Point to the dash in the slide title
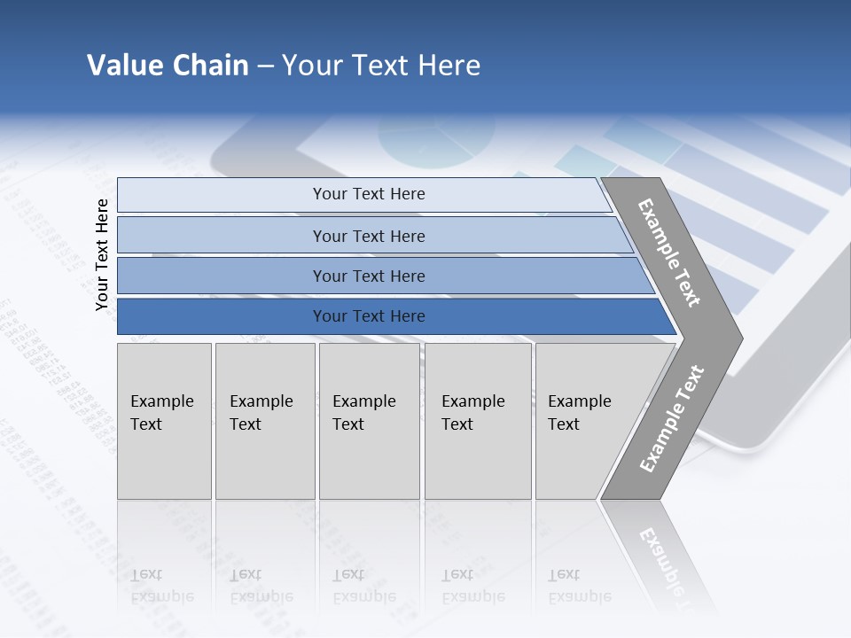pos(265,66)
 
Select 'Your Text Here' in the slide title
pos(381,66)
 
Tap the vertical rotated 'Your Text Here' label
pos(102,254)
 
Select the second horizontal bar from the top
pos(368,236)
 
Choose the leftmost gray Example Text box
pos(164,421)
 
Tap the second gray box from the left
pos(264,421)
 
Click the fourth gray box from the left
pos(478,421)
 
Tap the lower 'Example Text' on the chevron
pos(672,418)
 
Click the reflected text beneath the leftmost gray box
pos(162,585)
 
